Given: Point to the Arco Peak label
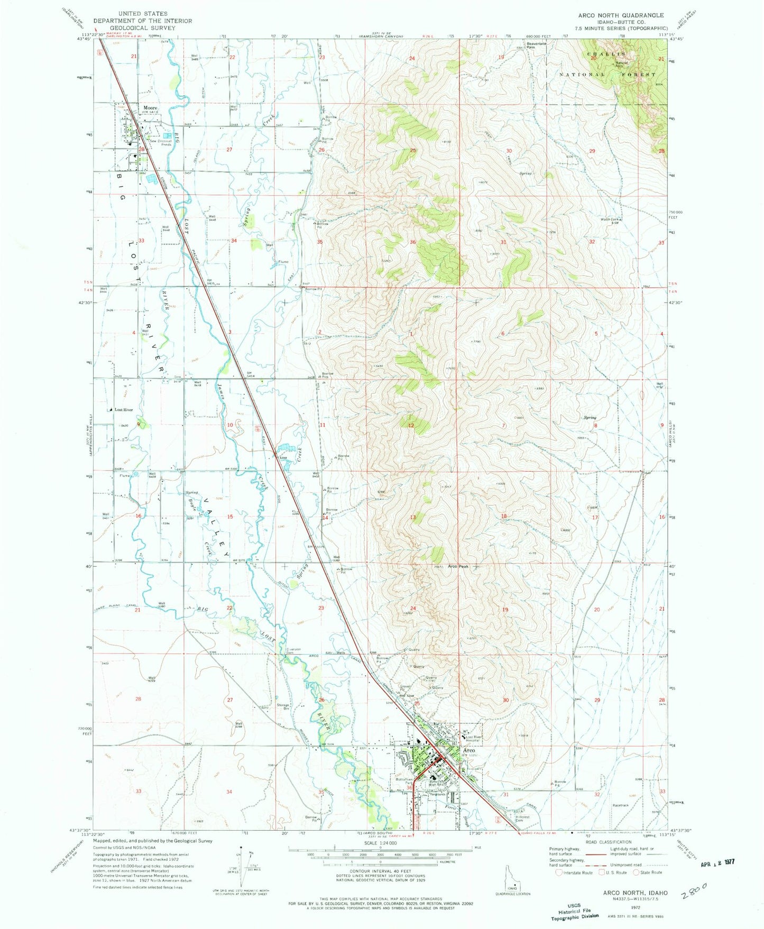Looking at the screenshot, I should point(458,566).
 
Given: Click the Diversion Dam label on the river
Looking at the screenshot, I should point(293,651).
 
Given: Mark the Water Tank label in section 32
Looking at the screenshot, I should point(609,219).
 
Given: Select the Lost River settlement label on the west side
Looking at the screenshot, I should point(124,410).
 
